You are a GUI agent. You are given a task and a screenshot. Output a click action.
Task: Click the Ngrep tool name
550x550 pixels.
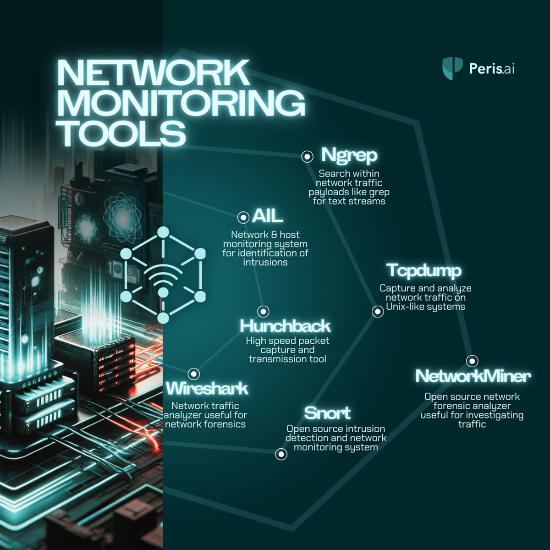coord(349,155)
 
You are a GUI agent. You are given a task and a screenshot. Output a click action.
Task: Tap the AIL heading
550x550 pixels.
coord(267,216)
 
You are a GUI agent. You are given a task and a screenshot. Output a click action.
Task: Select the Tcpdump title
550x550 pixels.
coord(423,270)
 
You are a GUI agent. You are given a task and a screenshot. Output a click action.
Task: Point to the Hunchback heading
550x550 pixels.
coord(285,326)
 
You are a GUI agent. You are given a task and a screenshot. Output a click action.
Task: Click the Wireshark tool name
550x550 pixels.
coord(207,388)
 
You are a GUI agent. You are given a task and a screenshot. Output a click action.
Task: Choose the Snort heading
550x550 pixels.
coord(327,413)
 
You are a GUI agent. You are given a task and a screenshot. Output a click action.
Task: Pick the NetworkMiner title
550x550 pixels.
coord(473,376)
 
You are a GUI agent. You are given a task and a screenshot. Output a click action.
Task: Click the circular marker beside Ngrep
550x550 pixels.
coord(307,157)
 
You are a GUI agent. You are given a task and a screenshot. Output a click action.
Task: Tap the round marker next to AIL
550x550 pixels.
coord(244,217)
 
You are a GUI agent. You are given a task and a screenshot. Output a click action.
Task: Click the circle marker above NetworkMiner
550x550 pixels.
coord(472,361)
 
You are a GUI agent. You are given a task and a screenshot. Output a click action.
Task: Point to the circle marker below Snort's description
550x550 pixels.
coord(281,454)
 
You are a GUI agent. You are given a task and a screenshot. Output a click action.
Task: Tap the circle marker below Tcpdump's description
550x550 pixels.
coord(377,312)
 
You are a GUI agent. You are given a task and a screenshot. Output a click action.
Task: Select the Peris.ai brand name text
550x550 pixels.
coord(492,69)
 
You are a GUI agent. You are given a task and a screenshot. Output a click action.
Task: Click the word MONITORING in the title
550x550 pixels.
coord(181,104)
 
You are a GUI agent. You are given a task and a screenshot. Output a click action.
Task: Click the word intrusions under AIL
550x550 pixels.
coord(265,262)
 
